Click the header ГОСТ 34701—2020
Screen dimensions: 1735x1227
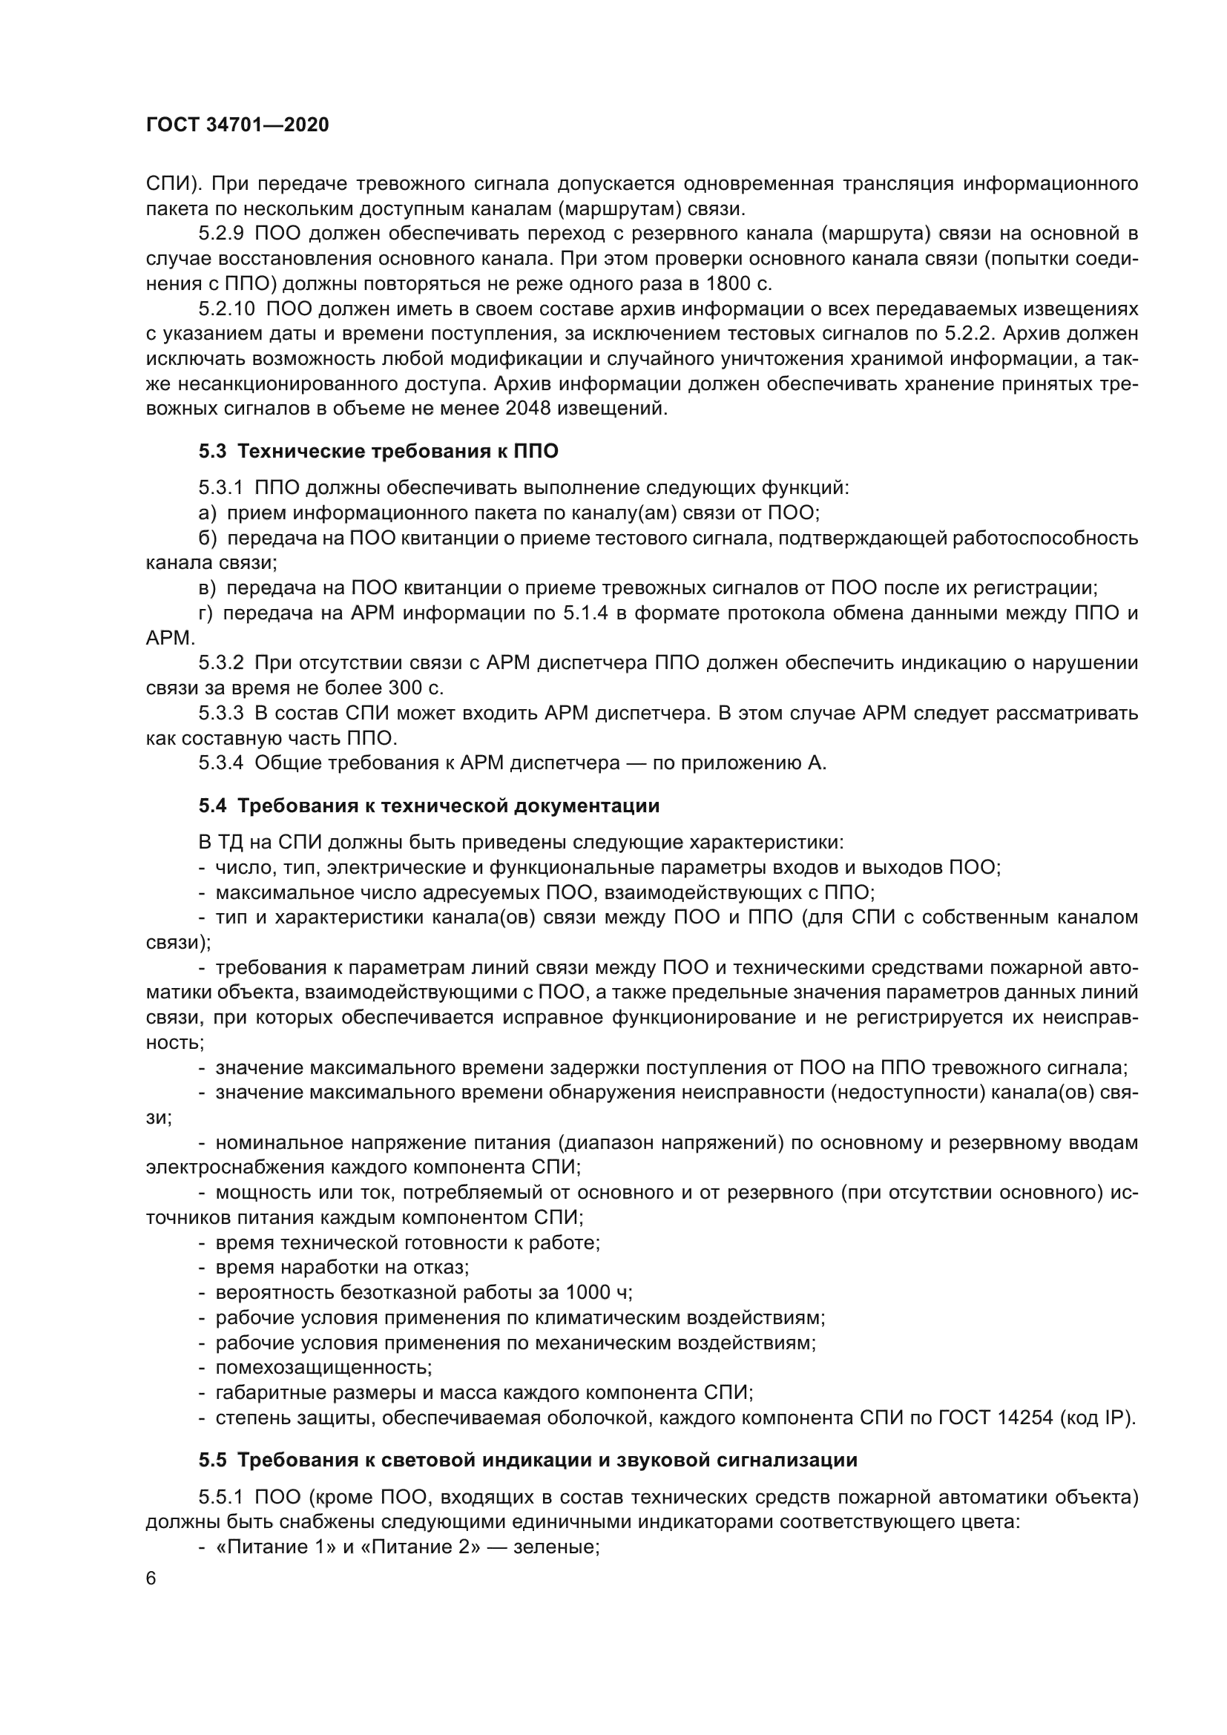tap(237, 125)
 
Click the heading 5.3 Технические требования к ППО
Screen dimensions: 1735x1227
tap(378, 452)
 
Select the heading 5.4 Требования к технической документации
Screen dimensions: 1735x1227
tap(429, 806)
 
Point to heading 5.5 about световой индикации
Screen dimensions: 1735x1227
tap(528, 1460)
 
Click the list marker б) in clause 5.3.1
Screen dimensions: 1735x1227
tap(207, 538)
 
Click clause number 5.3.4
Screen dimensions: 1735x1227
tap(220, 763)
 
